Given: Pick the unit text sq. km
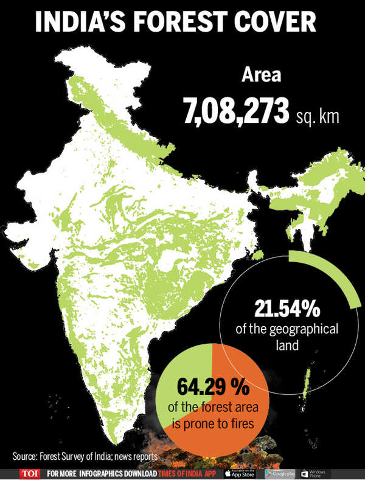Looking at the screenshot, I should click(x=317, y=116).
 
